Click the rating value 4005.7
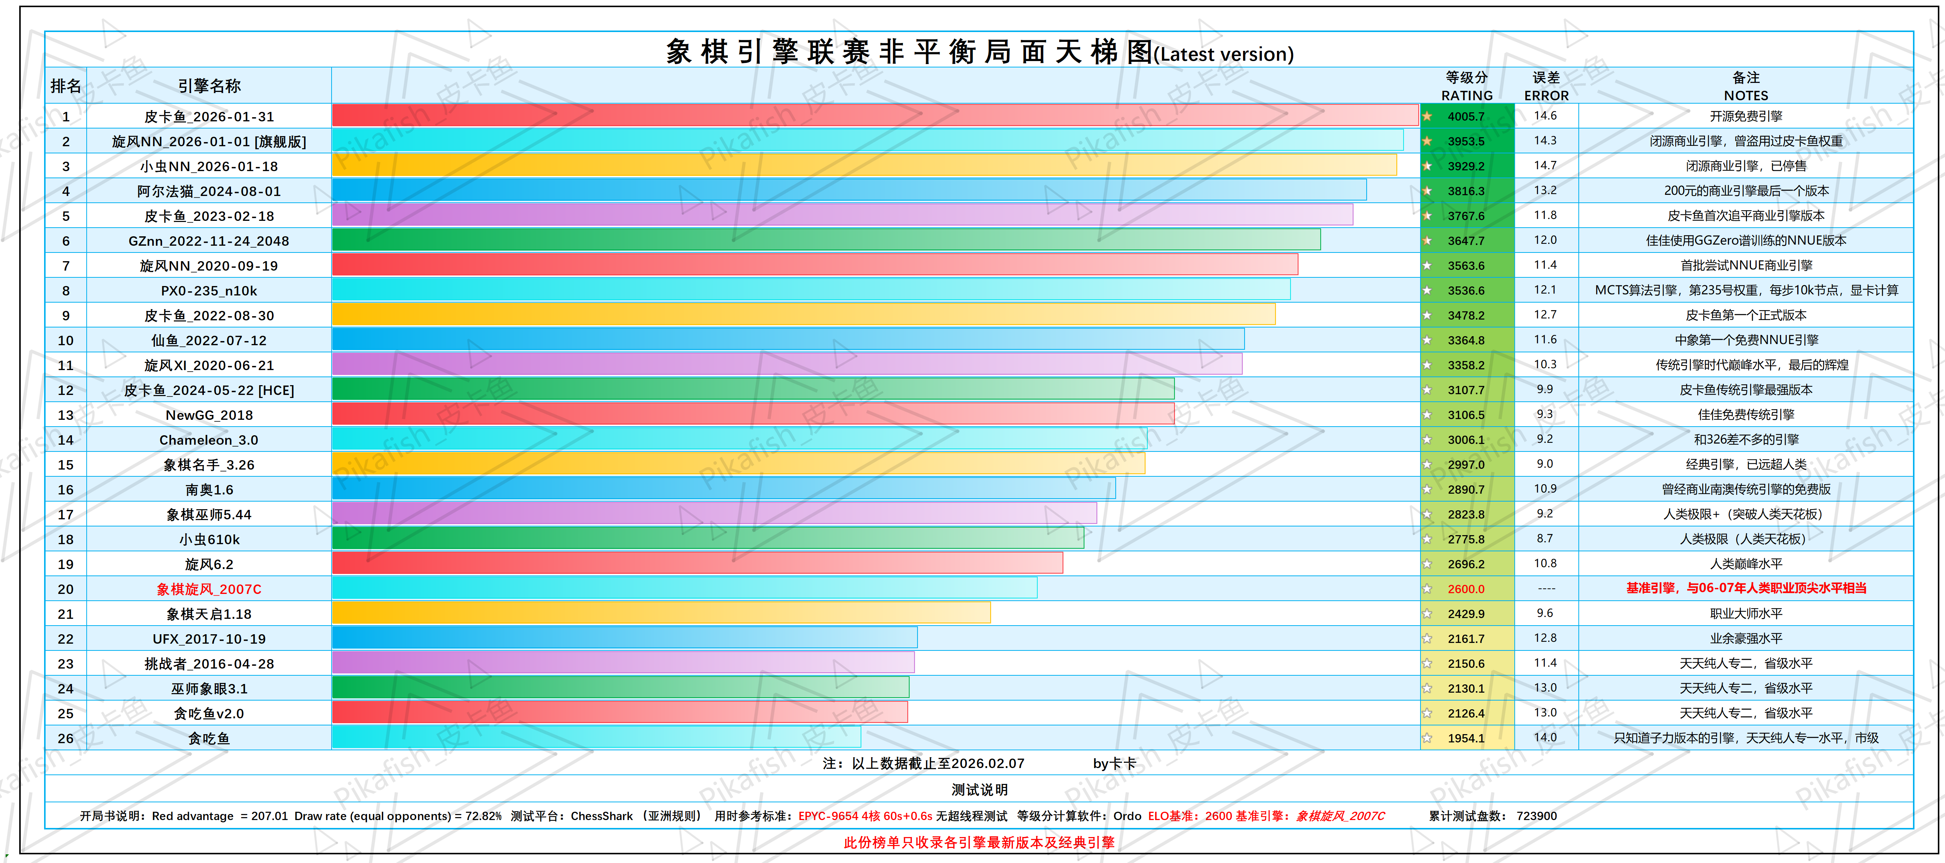pyautogui.click(x=1466, y=116)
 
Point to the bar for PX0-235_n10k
pyautogui.click(x=810, y=290)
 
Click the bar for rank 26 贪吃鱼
pyautogui.click(x=596, y=738)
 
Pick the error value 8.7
pyautogui.click(x=1545, y=538)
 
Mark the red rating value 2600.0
pyautogui.click(x=1466, y=589)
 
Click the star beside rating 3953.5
pyautogui.click(x=1427, y=141)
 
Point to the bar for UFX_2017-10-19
pyautogui.click(x=624, y=638)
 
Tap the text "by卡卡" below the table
pyautogui.click(x=1115, y=764)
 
